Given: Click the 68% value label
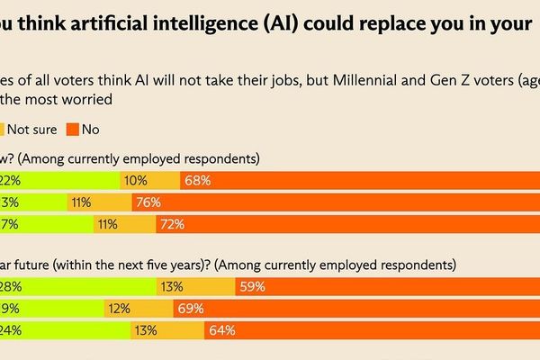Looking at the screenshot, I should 197,181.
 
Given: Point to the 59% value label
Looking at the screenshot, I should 253,287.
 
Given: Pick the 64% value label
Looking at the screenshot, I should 221,330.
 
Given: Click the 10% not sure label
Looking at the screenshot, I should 136,181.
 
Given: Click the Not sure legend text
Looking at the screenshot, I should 31,130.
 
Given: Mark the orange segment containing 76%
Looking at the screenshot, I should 360,203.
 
